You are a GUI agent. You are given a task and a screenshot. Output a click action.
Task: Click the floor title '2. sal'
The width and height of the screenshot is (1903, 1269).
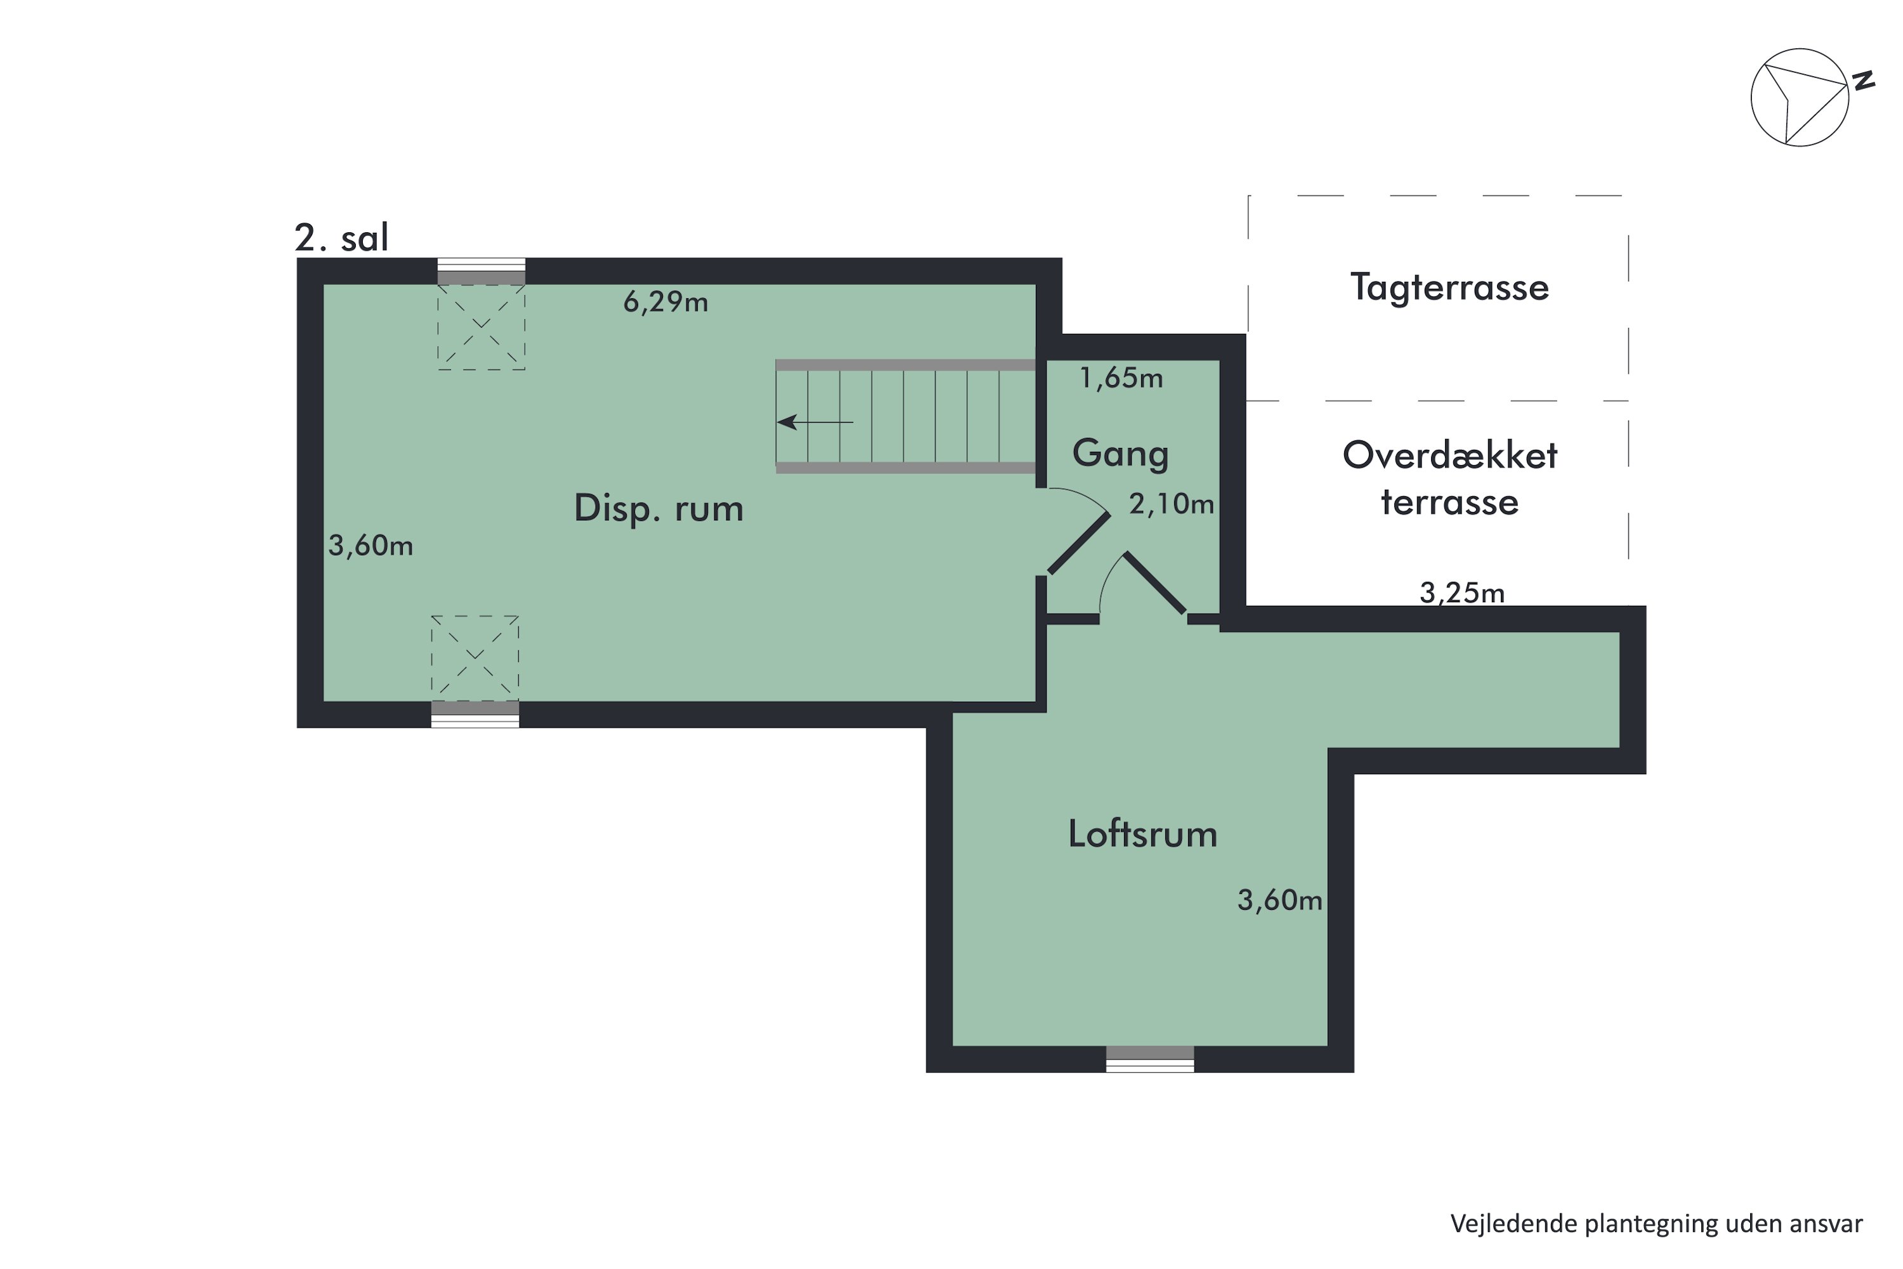click(341, 237)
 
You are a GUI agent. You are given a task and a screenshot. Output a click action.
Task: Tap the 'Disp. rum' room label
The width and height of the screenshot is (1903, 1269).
click(658, 509)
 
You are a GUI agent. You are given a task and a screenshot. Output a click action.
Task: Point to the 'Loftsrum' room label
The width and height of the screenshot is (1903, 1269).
click(1142, 834)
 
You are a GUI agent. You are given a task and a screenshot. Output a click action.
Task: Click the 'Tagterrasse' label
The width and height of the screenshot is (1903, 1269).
click(1449, 287)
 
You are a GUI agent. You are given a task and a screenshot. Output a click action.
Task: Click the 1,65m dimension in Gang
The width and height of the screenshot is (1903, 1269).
click(1122, 378)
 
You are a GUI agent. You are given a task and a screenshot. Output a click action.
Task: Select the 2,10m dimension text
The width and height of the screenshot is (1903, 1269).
click(1172, 505)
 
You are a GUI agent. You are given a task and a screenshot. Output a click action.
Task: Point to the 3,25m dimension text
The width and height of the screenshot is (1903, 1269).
click(1462, 593)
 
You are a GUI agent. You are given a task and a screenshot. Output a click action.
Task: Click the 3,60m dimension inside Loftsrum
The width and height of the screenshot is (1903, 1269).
click(1279, 900)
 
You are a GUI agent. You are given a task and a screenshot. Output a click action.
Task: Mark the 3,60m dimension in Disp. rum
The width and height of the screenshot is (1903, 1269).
click(370, 546)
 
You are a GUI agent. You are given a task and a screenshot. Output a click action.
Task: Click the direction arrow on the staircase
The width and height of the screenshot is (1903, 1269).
click(814, 422)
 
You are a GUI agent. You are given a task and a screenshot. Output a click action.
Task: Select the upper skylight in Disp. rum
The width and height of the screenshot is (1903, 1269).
click(481, 327)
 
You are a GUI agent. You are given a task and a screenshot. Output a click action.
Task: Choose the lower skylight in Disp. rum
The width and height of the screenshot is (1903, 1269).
click(475, 658)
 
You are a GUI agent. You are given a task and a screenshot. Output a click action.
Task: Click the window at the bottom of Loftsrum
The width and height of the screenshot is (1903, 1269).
click(1149, 1058)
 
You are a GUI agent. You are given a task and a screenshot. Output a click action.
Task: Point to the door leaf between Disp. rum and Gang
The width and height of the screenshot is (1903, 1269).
click(1078, 544)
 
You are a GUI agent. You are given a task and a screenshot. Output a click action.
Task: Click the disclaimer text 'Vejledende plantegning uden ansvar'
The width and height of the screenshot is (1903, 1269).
click(1656, 1224)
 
